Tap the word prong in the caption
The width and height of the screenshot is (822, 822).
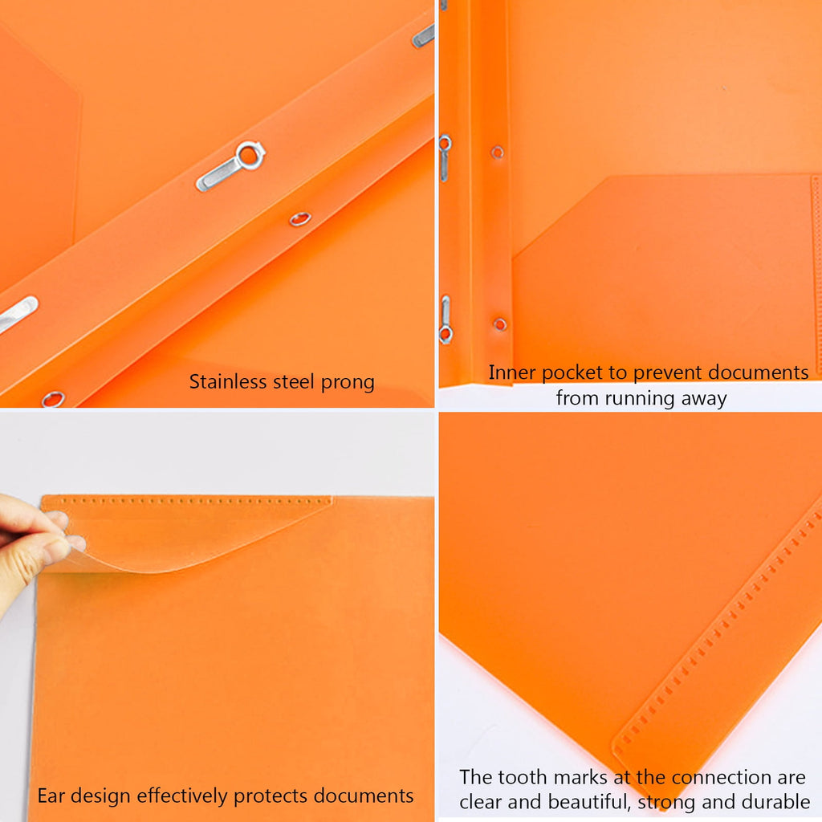click(347, 382)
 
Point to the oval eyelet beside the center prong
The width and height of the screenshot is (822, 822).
click(300, 218)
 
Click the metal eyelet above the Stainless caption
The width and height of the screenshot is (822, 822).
click(53, 398)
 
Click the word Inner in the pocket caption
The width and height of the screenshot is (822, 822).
click(512, 372)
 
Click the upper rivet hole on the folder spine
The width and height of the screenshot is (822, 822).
click(498, 152)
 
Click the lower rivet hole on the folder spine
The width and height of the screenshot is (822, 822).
click(499, 324)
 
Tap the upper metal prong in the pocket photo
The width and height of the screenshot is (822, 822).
click(444, 157)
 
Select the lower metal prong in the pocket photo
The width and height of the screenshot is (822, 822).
click(445, 319)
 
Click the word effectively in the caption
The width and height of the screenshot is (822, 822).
click(183, 796)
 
